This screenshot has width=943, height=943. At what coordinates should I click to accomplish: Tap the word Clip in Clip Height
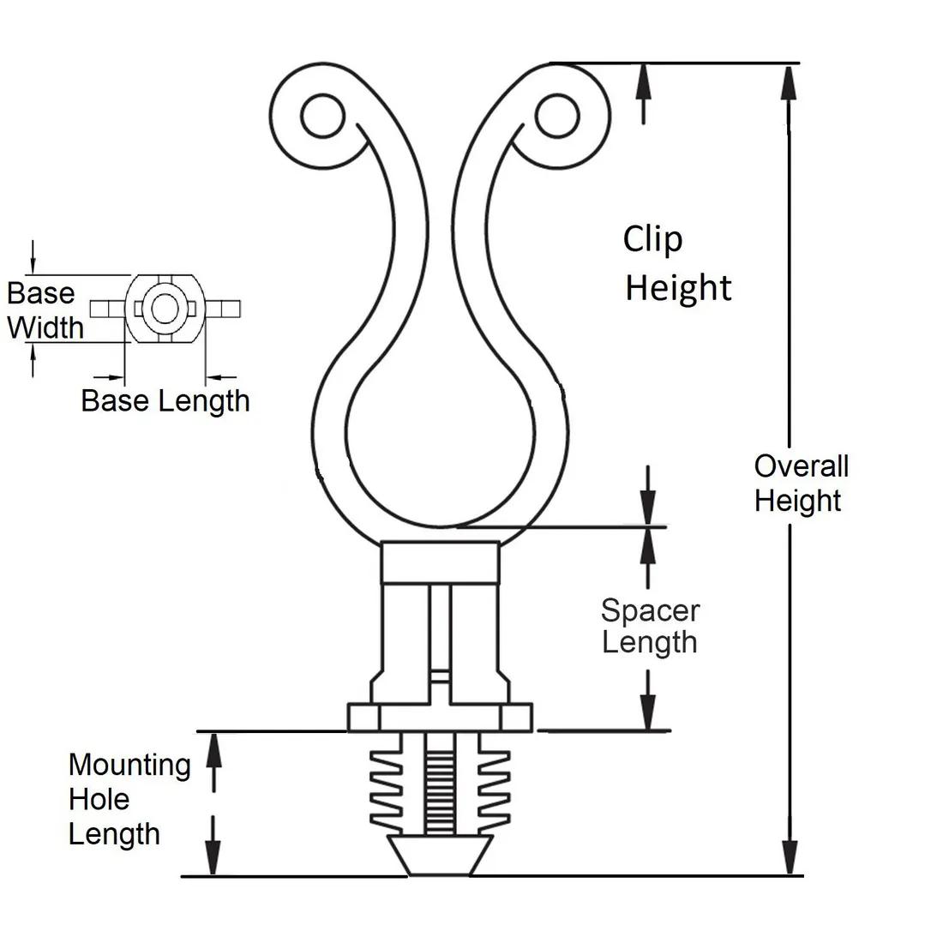652,239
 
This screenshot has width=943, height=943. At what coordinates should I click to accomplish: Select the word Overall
801,466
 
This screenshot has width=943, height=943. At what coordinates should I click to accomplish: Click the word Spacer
650,610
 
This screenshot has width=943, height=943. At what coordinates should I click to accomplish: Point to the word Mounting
129,764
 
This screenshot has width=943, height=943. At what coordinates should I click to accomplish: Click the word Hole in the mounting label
99,799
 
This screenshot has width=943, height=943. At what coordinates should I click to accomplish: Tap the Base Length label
165,400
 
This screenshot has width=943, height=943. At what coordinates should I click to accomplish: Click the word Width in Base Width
45,327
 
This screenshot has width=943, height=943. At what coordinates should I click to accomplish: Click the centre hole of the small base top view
163,307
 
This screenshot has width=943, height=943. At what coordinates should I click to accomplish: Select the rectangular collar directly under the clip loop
440,562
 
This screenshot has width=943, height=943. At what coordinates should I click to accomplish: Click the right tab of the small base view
225,308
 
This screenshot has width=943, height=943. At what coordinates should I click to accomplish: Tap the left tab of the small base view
106,308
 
